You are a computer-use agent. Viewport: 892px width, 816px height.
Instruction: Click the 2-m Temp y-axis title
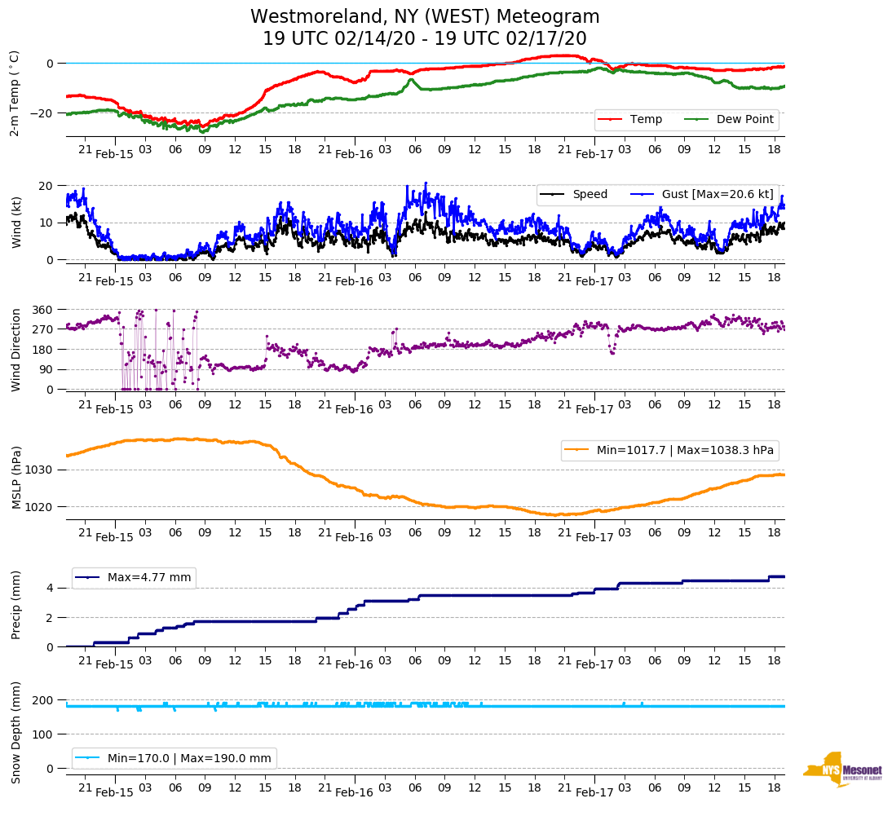pyautogui.click(x=15, y=94)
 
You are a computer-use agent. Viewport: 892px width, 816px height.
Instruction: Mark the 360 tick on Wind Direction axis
pyautogui.click(x=43, y=310)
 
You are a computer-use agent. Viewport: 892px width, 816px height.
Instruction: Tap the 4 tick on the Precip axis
pyautogui.click(x=50, y=588)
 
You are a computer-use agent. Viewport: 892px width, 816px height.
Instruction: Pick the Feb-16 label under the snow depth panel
pyautogui.click(x=354, y=792)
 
